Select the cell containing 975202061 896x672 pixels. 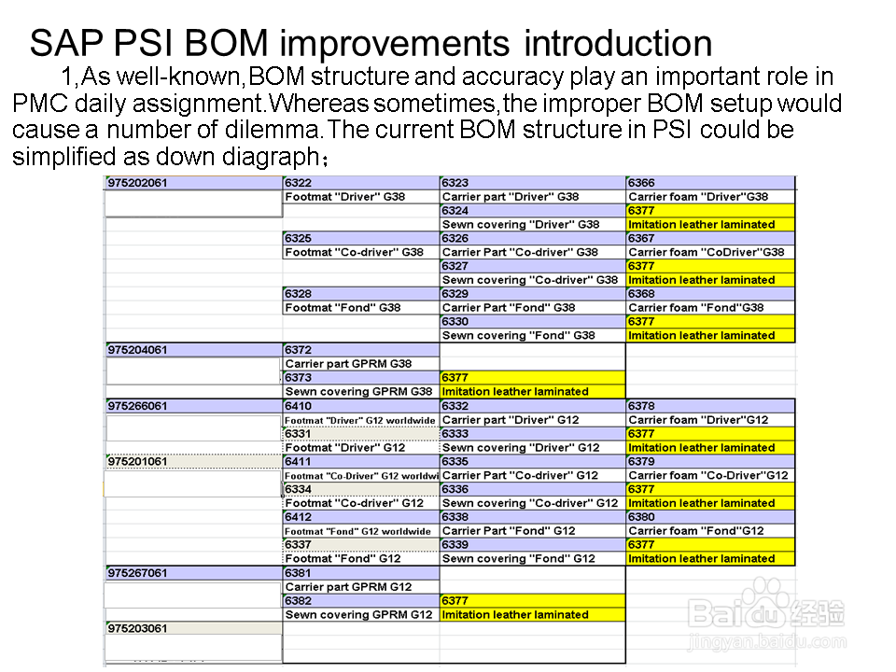[x=194, y=183]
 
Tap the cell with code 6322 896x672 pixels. [x=361, y=183]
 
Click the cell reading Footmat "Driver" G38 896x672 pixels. [x=361, y=197]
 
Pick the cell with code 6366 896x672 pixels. [x=710, y=183]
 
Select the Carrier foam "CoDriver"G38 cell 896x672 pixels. [x=710, y=252]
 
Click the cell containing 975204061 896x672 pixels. [x=194, y=350]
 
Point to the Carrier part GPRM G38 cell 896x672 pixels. [x=361, y=364]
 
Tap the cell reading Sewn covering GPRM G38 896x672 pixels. [x=361, y=391]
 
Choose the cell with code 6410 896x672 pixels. [x=361, y=406]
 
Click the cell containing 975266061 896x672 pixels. [x=194, y=406]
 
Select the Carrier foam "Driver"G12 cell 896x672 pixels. [x=710, y=420]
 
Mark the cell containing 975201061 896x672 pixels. [x=194, y=461]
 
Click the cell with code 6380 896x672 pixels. [x=710, y=516]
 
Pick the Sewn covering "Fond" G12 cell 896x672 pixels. [x=533, y=558]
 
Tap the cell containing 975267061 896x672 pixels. [x=194, y=572]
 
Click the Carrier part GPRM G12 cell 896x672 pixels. [x=361, y=587]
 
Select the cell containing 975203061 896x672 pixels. [x=194, y=628]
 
